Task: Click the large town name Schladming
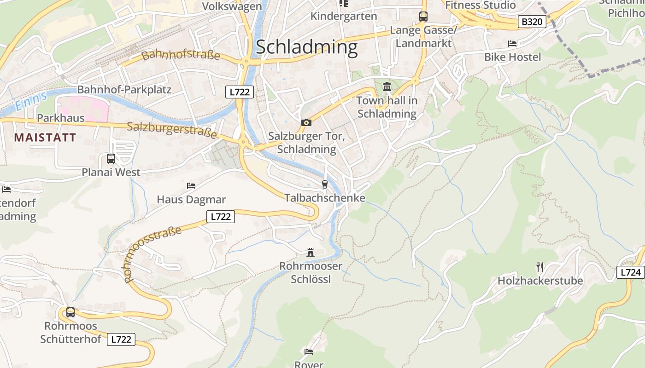tap(306, 47)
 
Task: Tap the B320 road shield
tap(532, 22)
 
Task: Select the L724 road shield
tap(630, 272)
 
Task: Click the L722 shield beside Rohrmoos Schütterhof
tap(121, 339)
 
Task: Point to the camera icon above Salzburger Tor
tap(306, 122)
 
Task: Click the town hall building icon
tap(387, 86)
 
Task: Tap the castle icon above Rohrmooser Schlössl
tap(311, 252)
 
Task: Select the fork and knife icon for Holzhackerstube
tap(540, 266)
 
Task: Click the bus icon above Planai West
tap(111, 159)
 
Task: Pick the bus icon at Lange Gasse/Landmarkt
tap(423, 17)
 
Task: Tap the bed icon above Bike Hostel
tap(512, 44)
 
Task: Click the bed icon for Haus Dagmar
tap(191, 186)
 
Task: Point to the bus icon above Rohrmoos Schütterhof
tap(70, 312)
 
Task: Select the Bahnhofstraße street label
tap(181, 55)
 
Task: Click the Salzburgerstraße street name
tap(172, 129)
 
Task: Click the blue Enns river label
tap(31, 101)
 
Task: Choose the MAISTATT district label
tap(45, 137)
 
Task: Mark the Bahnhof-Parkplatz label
tap(124, 89)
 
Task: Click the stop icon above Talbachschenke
tap(325, 184)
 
